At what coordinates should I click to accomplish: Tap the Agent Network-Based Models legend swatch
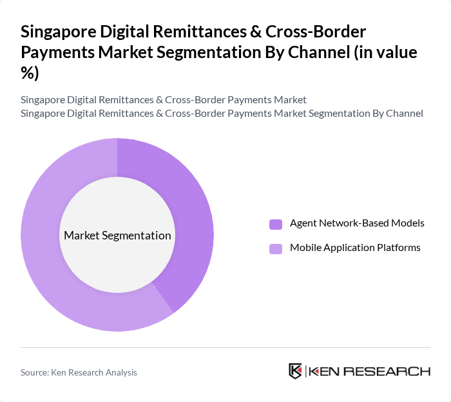click(276, 224)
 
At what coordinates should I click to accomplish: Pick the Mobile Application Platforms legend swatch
click(276, 248)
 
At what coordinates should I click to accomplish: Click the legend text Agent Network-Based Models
click(357, 223)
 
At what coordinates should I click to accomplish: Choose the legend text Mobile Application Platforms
click(355, 248)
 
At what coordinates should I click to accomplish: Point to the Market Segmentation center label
click(117, 236)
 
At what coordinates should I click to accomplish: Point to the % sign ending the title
click(30, 73)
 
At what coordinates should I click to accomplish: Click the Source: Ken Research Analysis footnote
click(79, 372)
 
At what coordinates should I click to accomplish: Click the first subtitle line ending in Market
click(163, 100)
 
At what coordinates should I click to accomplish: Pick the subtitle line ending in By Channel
click(222, 114)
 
